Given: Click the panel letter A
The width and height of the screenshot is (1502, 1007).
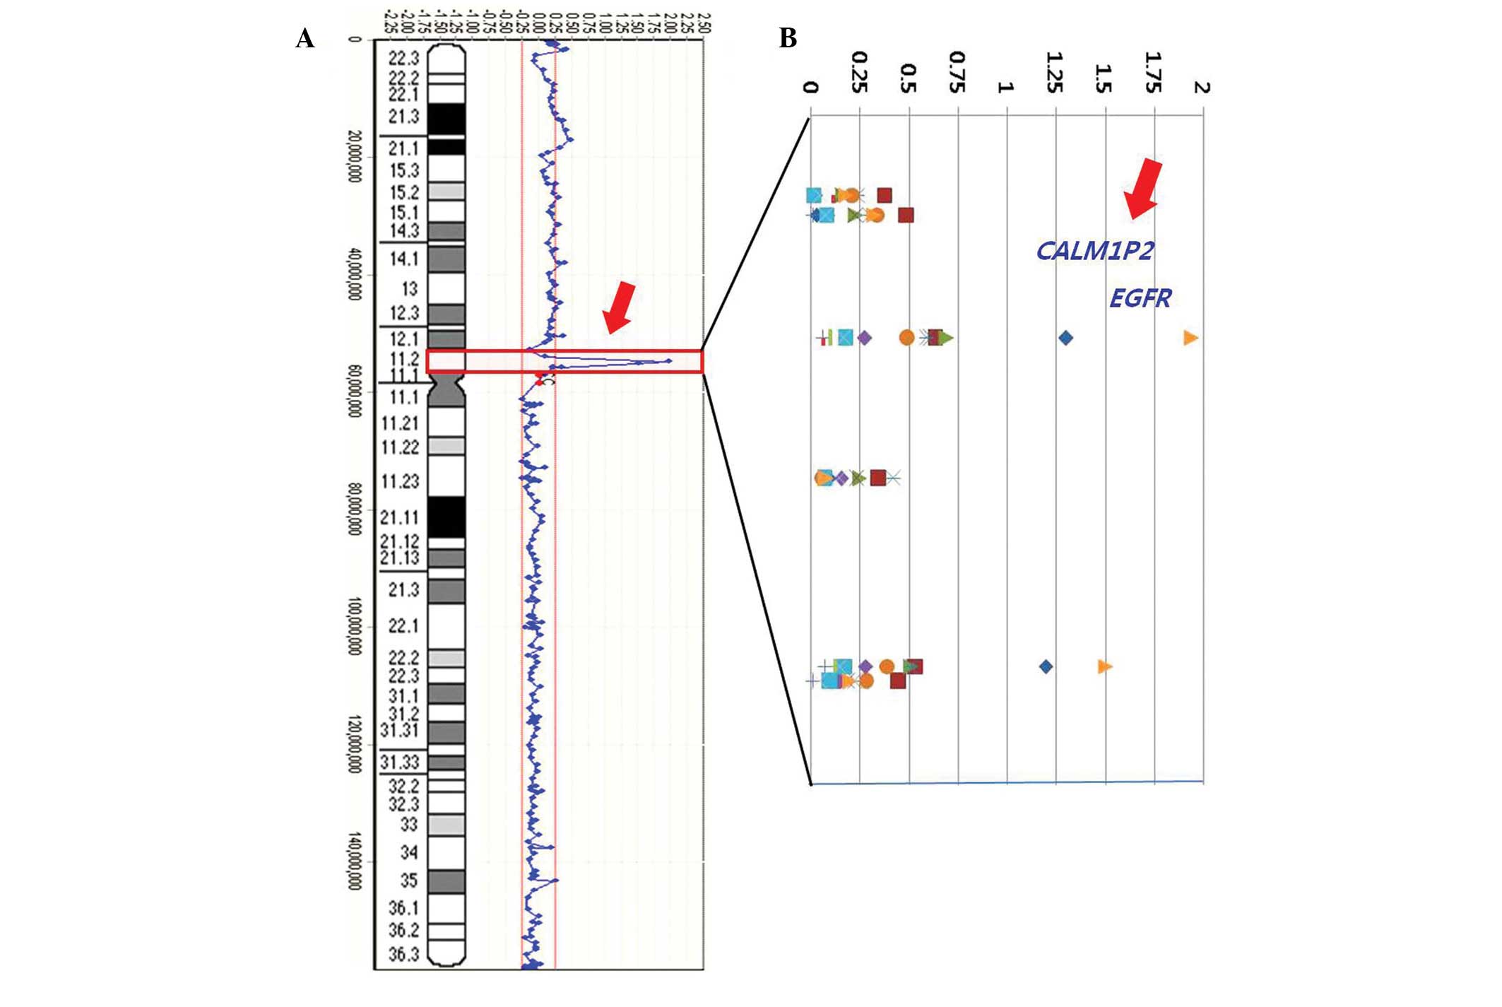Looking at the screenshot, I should pos(304,38).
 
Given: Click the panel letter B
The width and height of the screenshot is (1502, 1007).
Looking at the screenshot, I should pos(788,38).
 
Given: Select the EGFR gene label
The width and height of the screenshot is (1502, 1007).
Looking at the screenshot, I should pos(1140,298).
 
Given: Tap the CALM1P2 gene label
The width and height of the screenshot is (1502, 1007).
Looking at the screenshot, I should pos(1094,251).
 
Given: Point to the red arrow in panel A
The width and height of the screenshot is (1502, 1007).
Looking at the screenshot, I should pos(620,307).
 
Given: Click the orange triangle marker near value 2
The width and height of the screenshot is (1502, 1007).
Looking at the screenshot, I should pos(1190,338).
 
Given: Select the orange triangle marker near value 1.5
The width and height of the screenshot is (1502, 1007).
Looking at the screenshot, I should pos(1105,666).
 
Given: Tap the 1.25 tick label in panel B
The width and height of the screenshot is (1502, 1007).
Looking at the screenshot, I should pos(1054,72).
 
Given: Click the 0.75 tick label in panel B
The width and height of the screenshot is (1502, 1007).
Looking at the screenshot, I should pos(957,72).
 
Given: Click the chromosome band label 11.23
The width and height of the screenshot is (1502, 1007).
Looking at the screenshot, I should pos(400,482).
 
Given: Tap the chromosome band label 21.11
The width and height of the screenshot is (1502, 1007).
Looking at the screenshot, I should pos(400,518).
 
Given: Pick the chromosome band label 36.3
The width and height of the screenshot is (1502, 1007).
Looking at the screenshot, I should pos(403,955).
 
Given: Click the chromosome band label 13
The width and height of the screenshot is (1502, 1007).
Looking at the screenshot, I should pos(409,289).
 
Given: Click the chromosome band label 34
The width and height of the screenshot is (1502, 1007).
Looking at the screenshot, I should pos(409,853).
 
